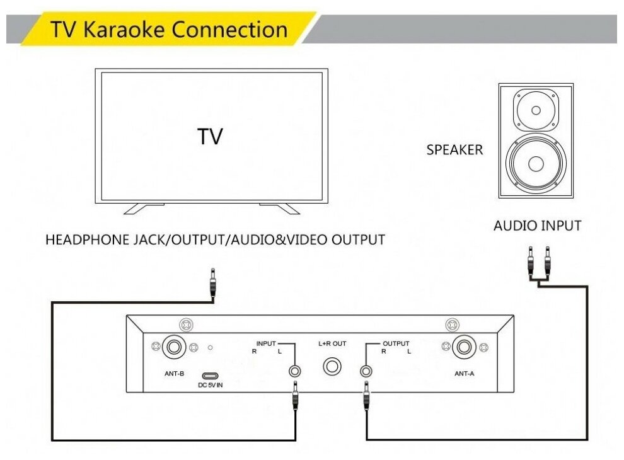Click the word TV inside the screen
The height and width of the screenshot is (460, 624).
tap(210, 137)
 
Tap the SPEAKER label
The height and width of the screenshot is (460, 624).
tap(454, 150)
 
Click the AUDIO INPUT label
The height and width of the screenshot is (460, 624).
tap(537, 225)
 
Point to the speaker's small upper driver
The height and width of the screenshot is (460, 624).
tap(536, 111)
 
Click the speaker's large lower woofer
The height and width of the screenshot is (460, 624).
tap(536, 164)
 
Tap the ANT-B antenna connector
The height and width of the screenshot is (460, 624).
tap(173, 347)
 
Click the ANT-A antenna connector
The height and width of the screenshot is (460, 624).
tap(465, 347)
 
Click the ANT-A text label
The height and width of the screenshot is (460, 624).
tap(465, 373)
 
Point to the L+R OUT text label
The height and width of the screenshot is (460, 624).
tap(332, 343)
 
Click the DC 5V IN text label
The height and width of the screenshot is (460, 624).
tap(211, 385)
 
